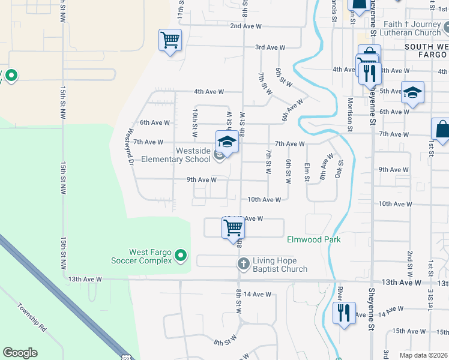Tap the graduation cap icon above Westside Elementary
227,142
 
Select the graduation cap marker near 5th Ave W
412,92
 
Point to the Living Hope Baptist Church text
280,265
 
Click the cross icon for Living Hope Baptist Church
244,263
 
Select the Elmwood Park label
313,239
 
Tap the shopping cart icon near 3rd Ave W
170,41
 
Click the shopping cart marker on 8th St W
232,228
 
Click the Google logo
20,353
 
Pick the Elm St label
307,172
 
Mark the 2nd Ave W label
246,26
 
